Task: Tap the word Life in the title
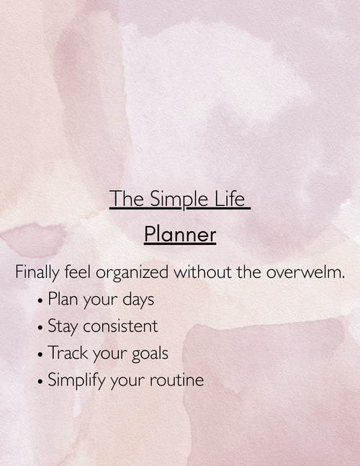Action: (x=231, y=199)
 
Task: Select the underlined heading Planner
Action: (x=180, y=235)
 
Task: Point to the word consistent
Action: (x=120, y=326)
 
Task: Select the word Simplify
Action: (x=75, y=381)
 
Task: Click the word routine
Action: (x=177, y=380)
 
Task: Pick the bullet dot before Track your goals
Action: (x=40, y=354)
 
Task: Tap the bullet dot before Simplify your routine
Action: (x=40, y=381)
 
